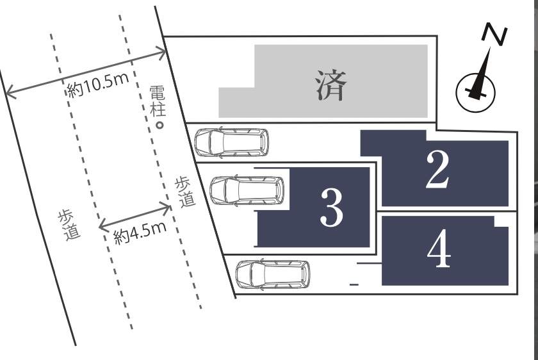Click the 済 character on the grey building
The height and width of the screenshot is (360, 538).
[x=330, y=85]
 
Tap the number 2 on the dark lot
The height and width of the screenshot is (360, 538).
[x=437, y=170]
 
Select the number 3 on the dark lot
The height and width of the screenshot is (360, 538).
[x=332, y=208]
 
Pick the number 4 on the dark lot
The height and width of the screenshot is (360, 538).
[x=439, y=249]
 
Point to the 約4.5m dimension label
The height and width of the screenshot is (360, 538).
[x=140, y=233]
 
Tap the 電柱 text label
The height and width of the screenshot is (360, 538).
[x=158, y=101]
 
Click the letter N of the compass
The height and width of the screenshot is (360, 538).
[x=494, y=34]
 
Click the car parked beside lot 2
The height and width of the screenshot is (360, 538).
[x=232, y=143]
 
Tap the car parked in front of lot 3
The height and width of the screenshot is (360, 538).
[x=247, y=191]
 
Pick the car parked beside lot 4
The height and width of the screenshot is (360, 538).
[x=273, y=275]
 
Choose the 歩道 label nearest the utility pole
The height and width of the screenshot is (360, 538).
[x=185, y=192]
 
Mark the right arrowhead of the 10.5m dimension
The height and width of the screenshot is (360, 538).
[x=161, y=53]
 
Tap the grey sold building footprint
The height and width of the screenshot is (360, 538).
[x=323, y=81]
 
